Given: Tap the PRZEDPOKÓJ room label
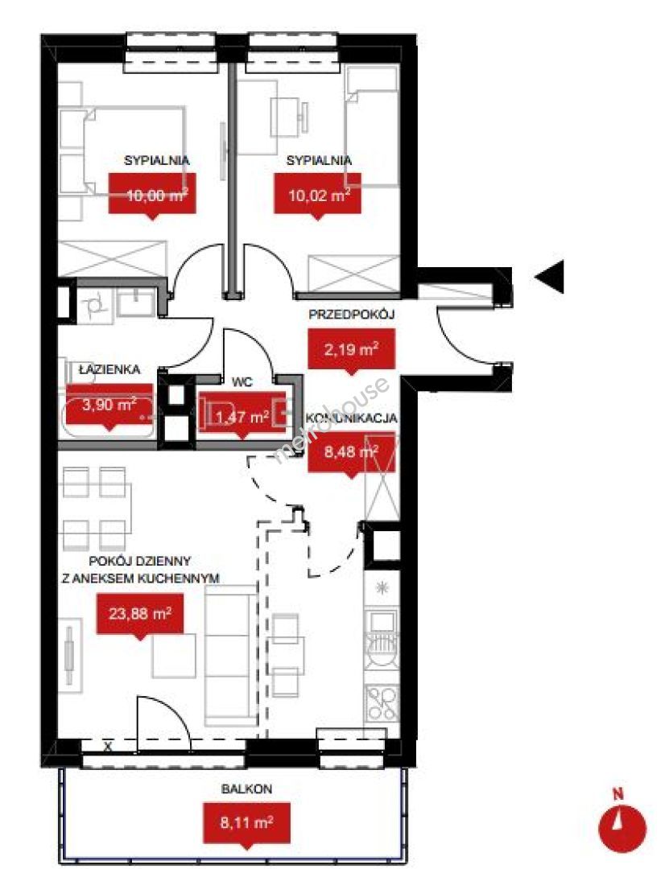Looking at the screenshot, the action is click(351, 315).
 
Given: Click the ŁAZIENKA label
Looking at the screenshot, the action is click(109, 369).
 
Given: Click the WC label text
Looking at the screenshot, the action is click(242, 382).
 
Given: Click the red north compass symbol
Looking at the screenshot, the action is click(622, 826).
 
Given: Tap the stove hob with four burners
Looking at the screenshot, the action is click(382, 702).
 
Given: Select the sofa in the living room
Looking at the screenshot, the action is click(231, 656).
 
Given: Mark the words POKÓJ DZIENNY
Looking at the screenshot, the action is click(140, 561).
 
